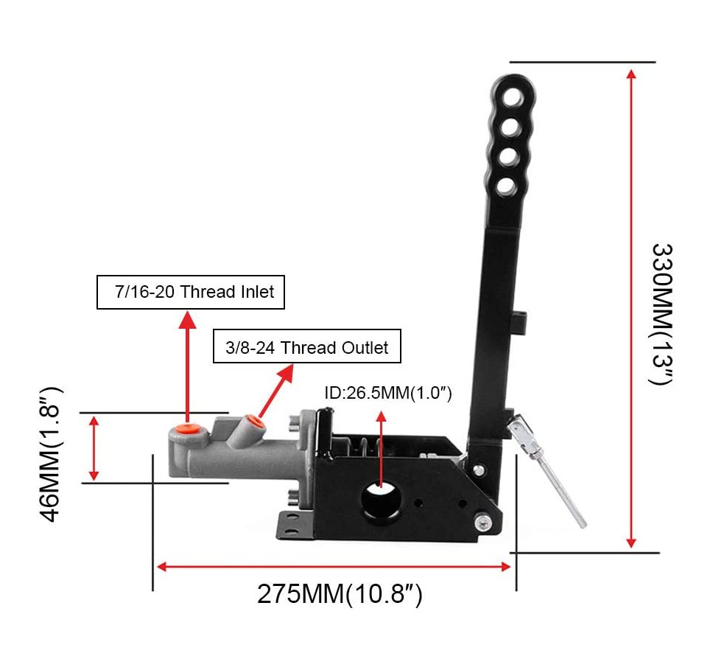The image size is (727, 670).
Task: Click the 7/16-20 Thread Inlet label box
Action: coord(190,292)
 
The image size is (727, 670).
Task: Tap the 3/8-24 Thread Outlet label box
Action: coord(307,346)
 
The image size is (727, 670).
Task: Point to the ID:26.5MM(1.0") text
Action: coord(388,393)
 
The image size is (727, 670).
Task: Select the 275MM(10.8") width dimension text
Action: coord(340,594)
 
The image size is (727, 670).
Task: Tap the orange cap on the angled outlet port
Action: coord(253,422)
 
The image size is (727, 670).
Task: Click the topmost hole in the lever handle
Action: coord(513,98)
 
